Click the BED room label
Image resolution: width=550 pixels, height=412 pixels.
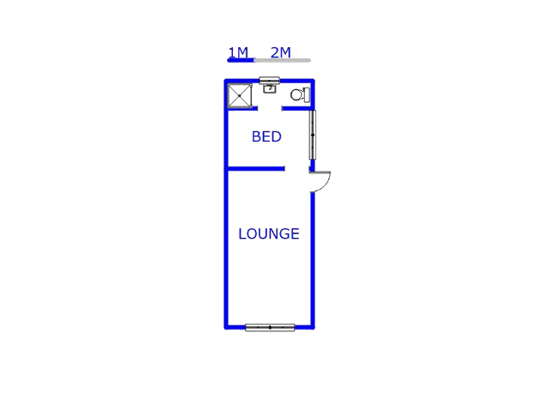(x=266, y=136)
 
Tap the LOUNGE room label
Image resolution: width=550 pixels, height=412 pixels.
(x=269, y=233)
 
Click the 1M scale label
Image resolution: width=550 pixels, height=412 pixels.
(x=238, y=52)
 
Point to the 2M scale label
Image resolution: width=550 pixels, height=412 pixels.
(x=281, y=52)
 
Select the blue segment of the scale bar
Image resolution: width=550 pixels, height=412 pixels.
(x=241, y=60)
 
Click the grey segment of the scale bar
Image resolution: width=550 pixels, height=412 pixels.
(x=283, y=60)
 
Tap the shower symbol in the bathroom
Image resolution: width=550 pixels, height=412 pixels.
(x=240, y=95)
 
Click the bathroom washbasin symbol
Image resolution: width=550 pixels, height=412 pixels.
(x=269, y=88)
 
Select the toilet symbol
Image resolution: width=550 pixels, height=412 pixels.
(x=300, y=95)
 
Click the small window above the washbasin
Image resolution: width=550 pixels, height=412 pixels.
(x=269, y=80)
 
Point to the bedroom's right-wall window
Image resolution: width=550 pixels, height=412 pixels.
(x=313, y=135)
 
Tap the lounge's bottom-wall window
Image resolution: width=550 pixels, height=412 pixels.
(x=270, y=328)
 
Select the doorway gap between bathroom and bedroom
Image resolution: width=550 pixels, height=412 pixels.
(x=270, y=109)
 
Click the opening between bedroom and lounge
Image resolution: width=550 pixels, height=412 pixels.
(x=296, y=169)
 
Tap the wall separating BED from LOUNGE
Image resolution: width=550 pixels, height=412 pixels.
(x=255, y=169)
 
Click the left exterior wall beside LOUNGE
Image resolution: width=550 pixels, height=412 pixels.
(x=226, y=249)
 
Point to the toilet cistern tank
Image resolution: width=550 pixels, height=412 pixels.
(x=307, y=95)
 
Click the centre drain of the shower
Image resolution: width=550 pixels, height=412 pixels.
(x=240, y=95)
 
